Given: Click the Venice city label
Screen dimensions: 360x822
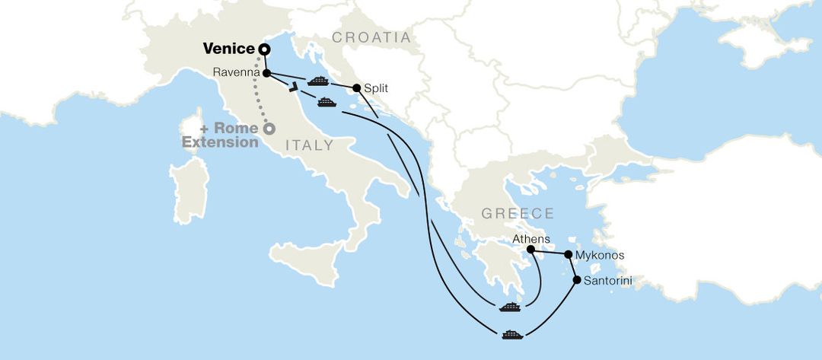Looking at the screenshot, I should (228, 49).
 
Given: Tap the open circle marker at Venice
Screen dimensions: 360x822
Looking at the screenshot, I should (264, 49).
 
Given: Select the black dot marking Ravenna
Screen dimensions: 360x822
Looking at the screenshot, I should (266, 73).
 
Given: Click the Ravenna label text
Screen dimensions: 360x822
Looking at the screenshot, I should (237, 74).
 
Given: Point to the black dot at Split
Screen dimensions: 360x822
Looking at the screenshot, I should (356, 88).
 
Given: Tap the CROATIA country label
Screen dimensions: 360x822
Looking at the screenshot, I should (371, 37).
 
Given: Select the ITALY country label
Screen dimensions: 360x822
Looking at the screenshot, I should (309, 145).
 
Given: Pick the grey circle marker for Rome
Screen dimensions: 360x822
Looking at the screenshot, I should (269, 129).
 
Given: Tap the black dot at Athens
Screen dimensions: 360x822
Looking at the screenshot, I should (531, 250).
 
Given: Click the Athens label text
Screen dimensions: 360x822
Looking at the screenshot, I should (531, 239).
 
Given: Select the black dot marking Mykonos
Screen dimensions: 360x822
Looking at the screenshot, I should (568, 255).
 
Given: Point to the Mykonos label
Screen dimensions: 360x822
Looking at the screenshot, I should (601, 256).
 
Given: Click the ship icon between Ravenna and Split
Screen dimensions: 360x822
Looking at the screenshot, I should (317, 79).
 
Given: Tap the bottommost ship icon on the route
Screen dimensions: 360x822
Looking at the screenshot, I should (512, 334).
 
